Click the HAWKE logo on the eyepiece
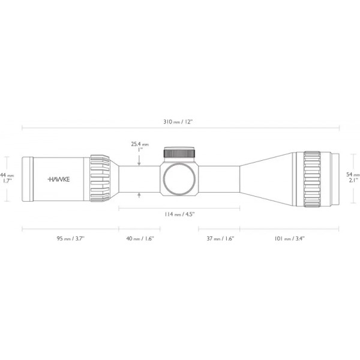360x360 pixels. point(58,179)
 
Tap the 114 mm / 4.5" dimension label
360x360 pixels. point(179,214)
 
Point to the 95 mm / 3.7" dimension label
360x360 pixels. point(70,238)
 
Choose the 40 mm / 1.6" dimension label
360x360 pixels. point(140,238)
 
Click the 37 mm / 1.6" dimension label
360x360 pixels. point(220,238)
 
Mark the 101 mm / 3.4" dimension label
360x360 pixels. point(289,238)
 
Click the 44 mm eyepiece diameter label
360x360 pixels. point(7,175)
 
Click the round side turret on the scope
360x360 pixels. point(179,179)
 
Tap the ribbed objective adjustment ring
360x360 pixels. point(312,179)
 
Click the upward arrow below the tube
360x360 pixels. point(139,194)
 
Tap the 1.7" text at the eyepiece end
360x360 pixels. point(7,181)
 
